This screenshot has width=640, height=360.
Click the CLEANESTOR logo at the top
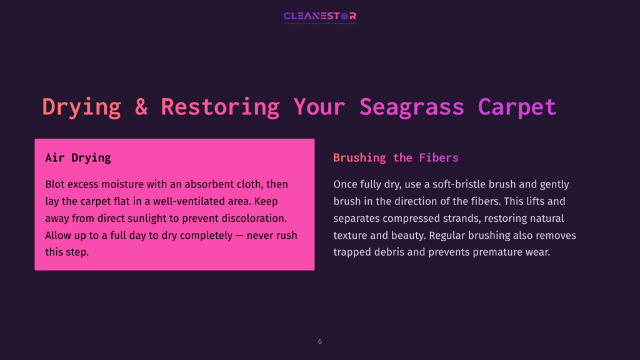coord(319,16)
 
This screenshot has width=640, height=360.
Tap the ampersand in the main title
coord(141,106)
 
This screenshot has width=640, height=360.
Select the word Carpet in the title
coord(517,106)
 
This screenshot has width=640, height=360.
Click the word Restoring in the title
coord(220,106)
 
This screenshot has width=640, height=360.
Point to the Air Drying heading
coord(78,157)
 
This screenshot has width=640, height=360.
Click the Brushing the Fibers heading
coord(396,157)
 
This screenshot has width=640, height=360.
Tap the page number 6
coord(320,342)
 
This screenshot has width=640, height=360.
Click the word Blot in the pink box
coord(56,184)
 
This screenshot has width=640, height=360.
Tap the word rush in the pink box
coord(286,236)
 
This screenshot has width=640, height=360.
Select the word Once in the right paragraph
coord(346,184)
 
